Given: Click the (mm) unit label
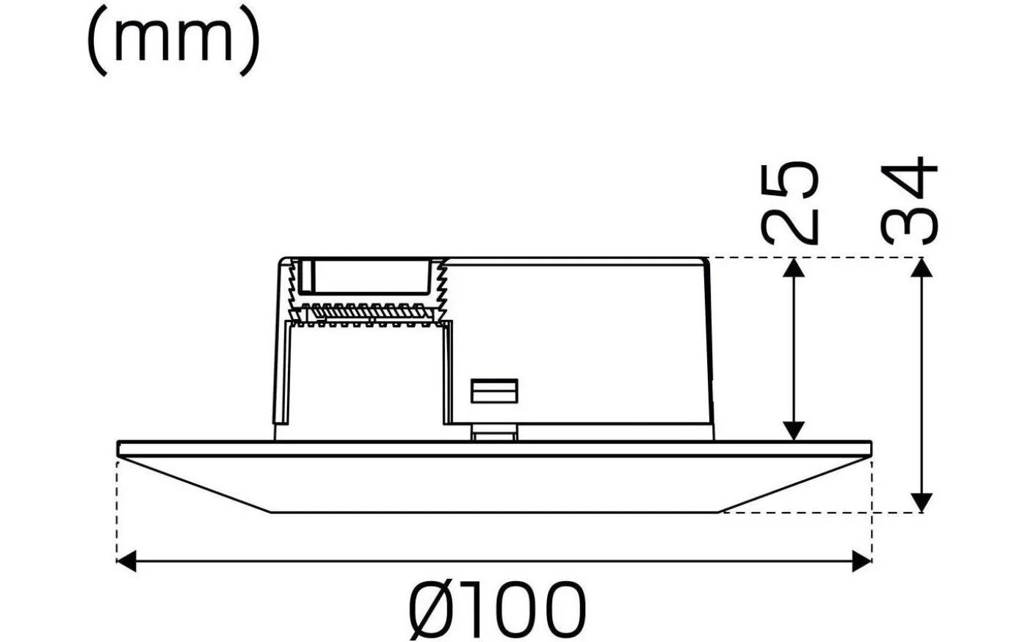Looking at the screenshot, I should tap(173, 40).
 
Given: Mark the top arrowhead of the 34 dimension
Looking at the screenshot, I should tap(922, 267).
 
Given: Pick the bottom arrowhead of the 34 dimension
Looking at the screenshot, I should tap(922, 503).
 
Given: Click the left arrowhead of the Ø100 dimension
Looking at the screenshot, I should tap(127, 563).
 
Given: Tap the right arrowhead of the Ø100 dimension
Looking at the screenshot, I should tap(862, 563).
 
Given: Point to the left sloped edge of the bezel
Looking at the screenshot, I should tap(195, 485).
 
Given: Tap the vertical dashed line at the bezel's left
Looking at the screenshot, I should tap(117, 506).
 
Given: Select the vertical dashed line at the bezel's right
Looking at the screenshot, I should tap(872, 506).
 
